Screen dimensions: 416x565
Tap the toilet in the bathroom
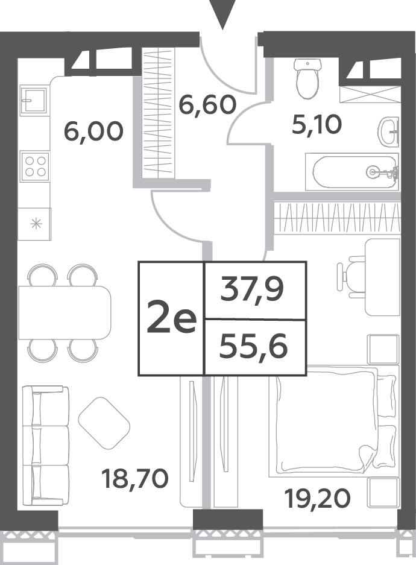click(x=307, y=78)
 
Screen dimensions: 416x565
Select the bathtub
click(x=352, y=171)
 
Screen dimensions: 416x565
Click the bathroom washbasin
click(x=389, y=131)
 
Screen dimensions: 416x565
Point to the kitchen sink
click(x=34, y=99)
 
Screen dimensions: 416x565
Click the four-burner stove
click(x=35, y=166)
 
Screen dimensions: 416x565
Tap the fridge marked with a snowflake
click(x=35, y=224)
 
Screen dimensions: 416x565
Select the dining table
click(x=65, y=312)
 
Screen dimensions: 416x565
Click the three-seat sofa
click(x=46, y=446)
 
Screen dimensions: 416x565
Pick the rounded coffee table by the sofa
click(x=104, y=423)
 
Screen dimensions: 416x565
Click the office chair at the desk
click(x=351, y=276)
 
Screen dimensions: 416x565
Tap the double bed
click(x=334, y=422)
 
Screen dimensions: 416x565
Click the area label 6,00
click(x=93, y=131)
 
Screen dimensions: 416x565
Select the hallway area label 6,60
click(x=207, y=104)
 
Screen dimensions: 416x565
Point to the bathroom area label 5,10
click(x=317, y=125)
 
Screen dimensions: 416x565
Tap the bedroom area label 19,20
click(x=317, y=499)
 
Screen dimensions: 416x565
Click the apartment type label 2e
click(x=171, y=318)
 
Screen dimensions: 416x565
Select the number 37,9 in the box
click(x=253, y=289)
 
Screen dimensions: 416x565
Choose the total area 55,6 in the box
click(x=253, y=347)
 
